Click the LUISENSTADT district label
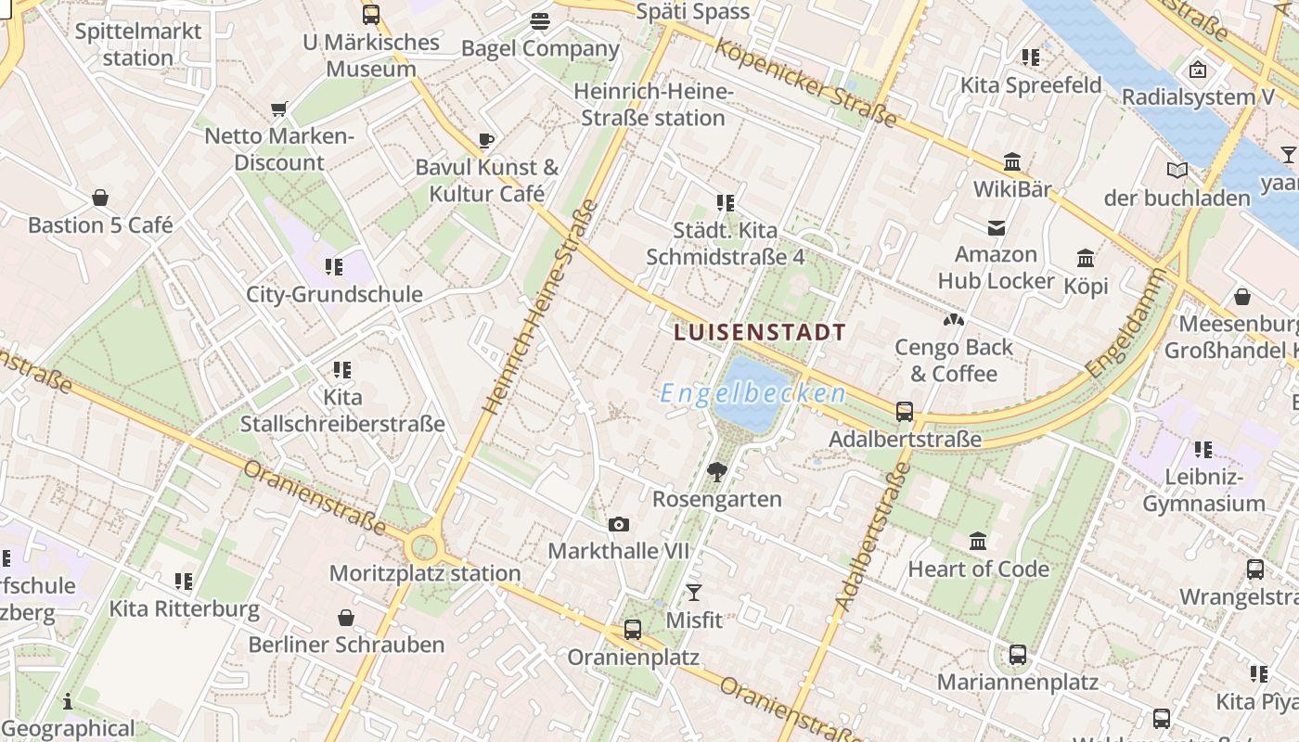pyautogui.click(x=760, y=332)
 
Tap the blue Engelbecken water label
pyautogui.click(x=753, y=393)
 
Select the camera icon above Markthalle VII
pyautogui.click(x=619, y=525)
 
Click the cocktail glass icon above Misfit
pyautogui.click(x=693, y=593)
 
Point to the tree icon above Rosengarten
pyautogui.click(x=716, y=472)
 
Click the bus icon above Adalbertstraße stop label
pyautogui.click(x=905, y=412)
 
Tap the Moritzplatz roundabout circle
pyautogui.click(x=424, y=546)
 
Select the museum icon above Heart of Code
pyautogui.click(x=978, y=541)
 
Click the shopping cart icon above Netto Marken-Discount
pyautogui.click(x=279, y=109)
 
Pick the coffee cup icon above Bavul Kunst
pyautogui.click(x=486, y=141)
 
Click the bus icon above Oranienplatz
pyautogui.click(x=633, y=630)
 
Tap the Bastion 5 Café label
pyautogui.click(x=100, y=225)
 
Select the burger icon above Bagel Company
pyautogui.click(x=540, y=21)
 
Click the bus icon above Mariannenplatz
pyautogui.click(x=1018, y=655)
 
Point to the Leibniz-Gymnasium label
pyautogui.click(x=1203, y=490)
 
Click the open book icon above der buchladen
pyautogui.click(x=1177, y=171)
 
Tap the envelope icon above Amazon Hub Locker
pyautogui.click(x=997, y=227)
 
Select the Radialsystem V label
pyautogui.click(x=1198, y=97)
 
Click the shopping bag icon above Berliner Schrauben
pyautogui.click(x=346, y=618)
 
